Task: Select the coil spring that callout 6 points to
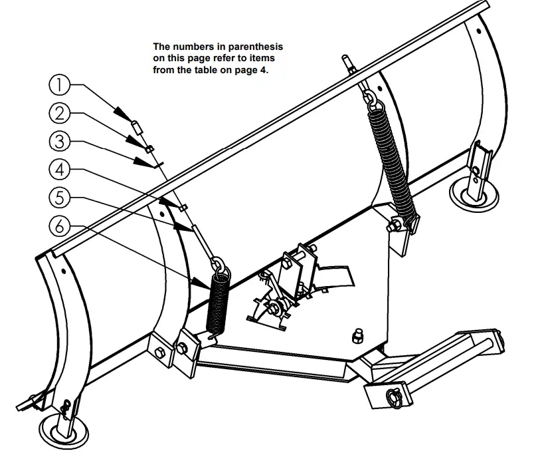coord(218,301)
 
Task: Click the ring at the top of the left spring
coord(221,269)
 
